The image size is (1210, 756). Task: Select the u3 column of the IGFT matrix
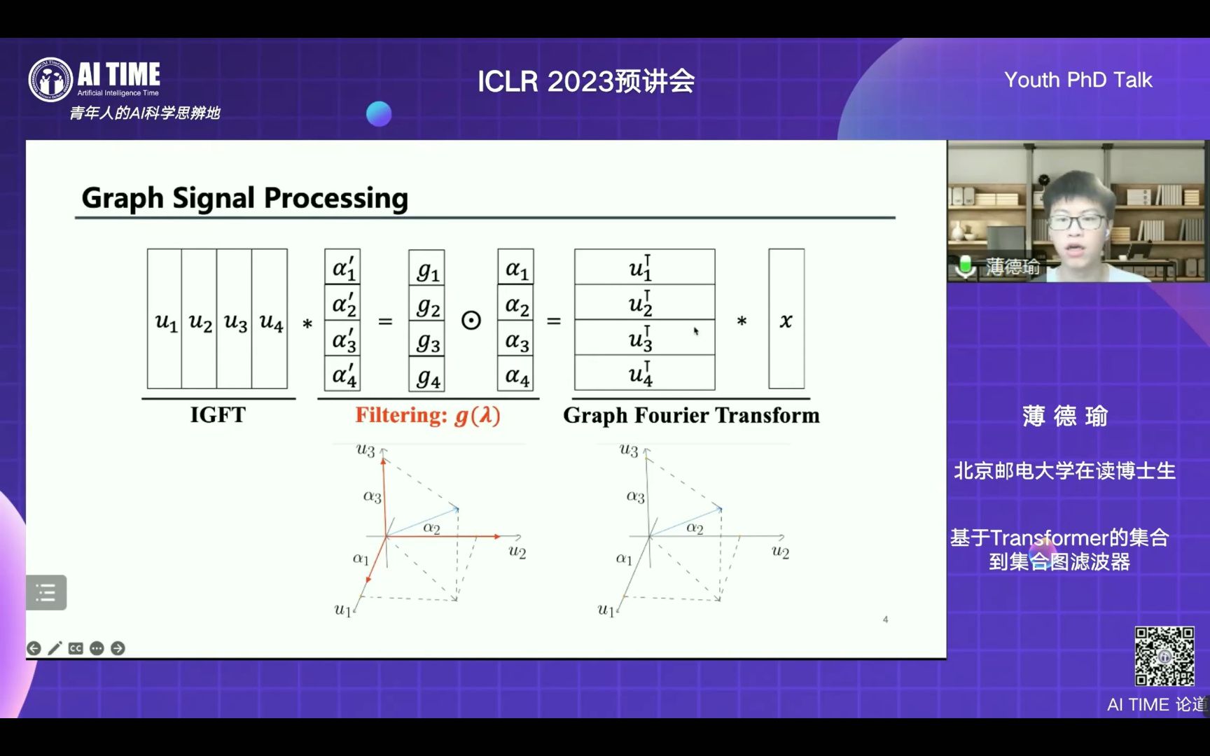coord(234,318)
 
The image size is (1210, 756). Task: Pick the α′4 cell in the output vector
coord(342,373)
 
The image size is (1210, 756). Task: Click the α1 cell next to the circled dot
coord(516,267)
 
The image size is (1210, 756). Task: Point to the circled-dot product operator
coord(471,321)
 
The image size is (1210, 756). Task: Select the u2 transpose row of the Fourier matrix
coord(645,302)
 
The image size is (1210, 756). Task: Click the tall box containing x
coord(786,318)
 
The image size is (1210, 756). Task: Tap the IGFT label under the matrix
coord(218,415)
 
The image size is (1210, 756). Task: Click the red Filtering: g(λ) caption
coord(428,416)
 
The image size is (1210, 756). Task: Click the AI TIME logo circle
coord(50,79)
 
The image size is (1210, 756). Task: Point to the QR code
coord(1164,656)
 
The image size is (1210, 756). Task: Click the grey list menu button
coord(46,592)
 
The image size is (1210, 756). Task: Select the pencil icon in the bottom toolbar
coord(55,648)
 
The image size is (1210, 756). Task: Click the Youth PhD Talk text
coord(1078,80)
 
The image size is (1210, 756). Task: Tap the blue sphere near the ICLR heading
coord(379,114)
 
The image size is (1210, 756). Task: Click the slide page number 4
coord(886,619)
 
